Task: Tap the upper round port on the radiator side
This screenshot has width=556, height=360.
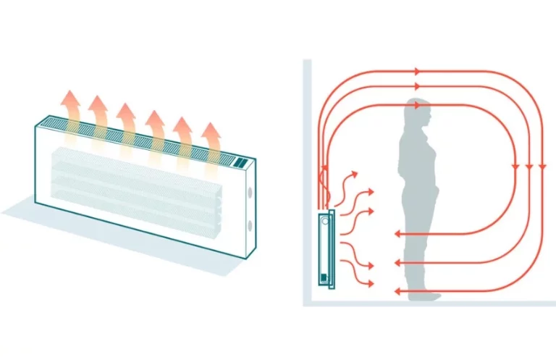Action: point(251,194)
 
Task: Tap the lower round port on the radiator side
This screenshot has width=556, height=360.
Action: point(251,225)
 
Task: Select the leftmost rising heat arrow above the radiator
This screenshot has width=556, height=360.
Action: point(69,109)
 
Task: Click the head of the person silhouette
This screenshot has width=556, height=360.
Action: point(418,112)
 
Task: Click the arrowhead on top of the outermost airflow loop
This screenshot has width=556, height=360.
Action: point(416,71)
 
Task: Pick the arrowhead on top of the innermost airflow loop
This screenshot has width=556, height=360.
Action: point(417,105)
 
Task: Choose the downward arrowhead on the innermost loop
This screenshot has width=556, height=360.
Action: point(515,167)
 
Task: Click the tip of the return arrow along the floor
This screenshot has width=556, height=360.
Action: point(397,292)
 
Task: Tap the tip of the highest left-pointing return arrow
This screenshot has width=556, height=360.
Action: point(397,234)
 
